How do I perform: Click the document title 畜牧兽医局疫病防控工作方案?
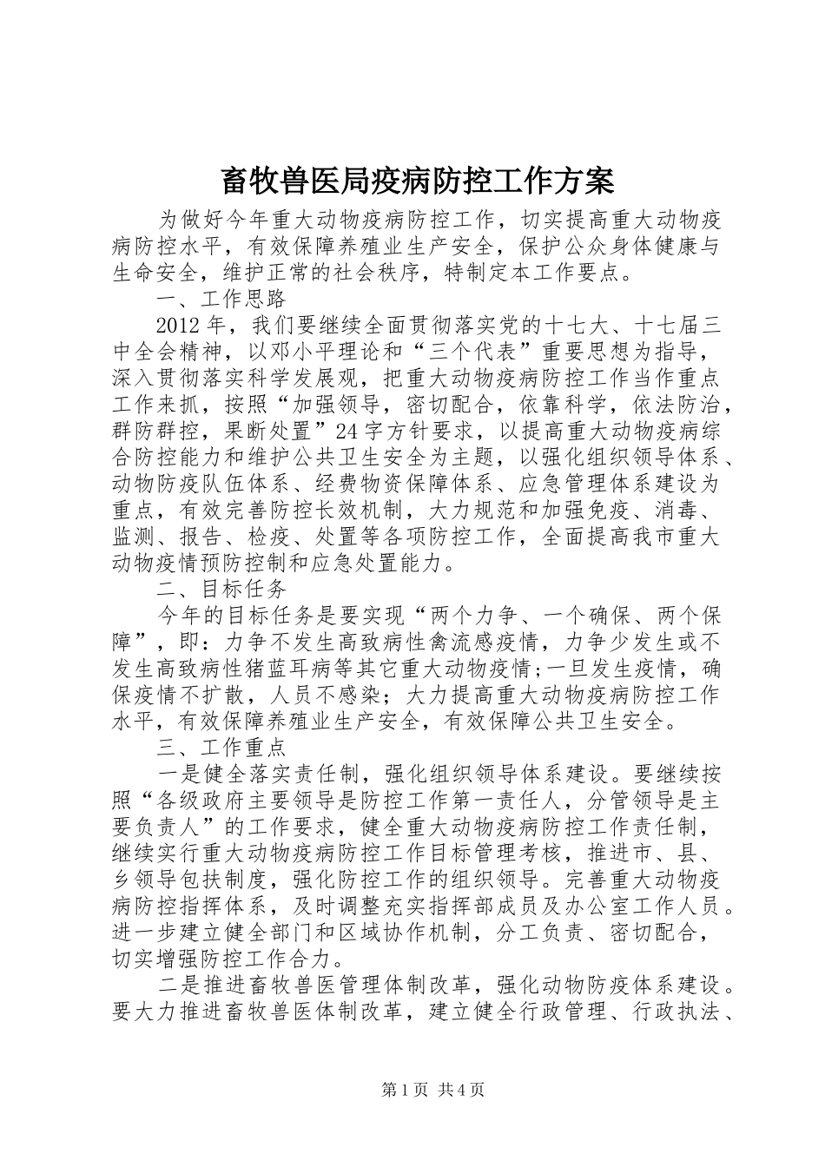coord(418,181)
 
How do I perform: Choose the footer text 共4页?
coord(461,1090)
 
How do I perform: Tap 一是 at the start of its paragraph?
coord(178,772)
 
